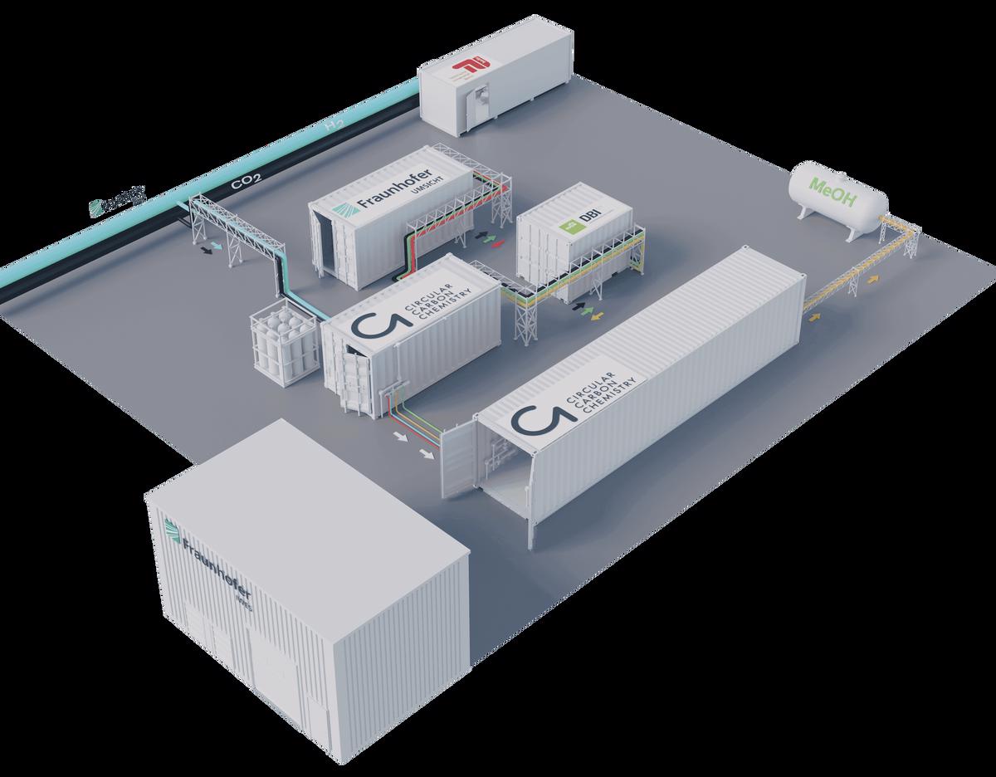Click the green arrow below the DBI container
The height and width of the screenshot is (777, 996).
(590, 310)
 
